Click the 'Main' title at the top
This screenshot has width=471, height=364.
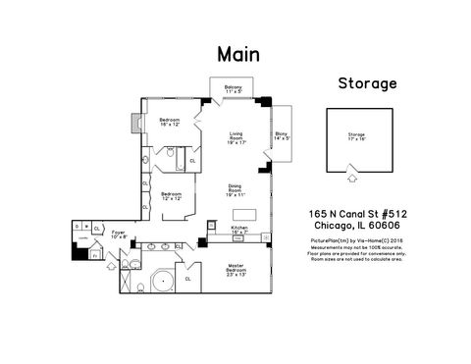coord(237,54)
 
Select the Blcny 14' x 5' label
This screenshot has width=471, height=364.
coord(281,134)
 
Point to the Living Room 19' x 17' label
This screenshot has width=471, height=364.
coord(235,138)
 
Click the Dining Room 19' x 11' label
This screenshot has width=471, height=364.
coord(235,192)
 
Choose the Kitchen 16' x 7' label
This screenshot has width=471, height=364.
coord(239,229)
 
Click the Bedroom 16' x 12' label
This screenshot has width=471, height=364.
coord(169,123)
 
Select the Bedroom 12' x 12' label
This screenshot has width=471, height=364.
coord(171,195)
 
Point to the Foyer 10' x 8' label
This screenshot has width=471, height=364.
coord(119,235)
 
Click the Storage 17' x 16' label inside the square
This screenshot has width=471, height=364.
coord(356,137)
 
